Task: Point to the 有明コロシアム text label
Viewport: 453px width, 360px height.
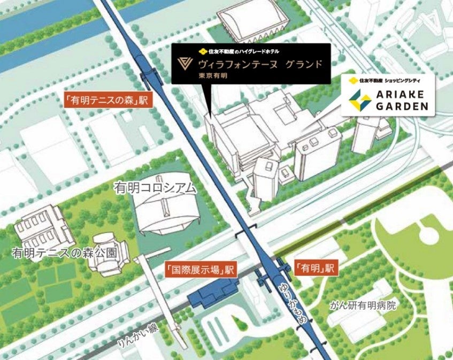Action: [154, 188]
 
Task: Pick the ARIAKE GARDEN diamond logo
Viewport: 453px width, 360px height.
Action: [359, 101]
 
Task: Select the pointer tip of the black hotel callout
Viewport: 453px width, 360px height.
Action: [210, 116]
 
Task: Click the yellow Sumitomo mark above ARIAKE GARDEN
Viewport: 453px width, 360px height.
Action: [352, 81]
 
